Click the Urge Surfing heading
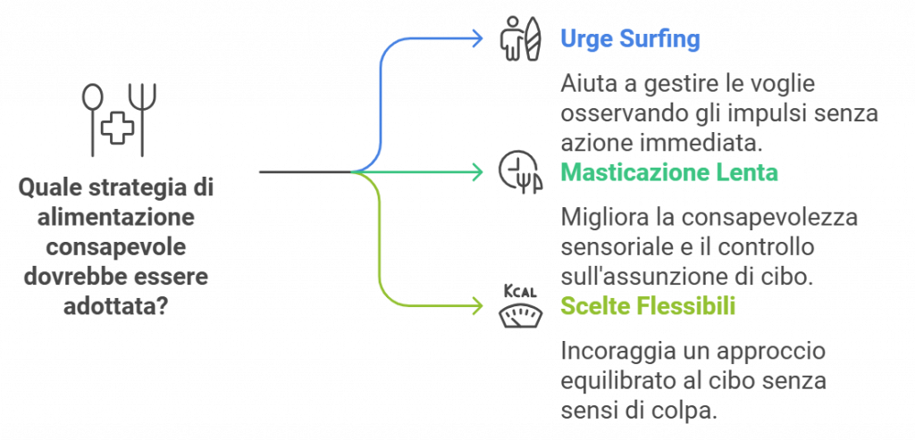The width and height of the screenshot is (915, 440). pos(630,39)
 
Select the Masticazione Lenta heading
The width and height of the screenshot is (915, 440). pos(669,172)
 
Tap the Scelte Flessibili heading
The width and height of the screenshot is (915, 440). pos(648,307)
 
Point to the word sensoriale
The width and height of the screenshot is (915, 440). pos(608,246)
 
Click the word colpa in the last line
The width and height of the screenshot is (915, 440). pos(687,411)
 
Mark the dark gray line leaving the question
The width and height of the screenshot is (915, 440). pos(304,171)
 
